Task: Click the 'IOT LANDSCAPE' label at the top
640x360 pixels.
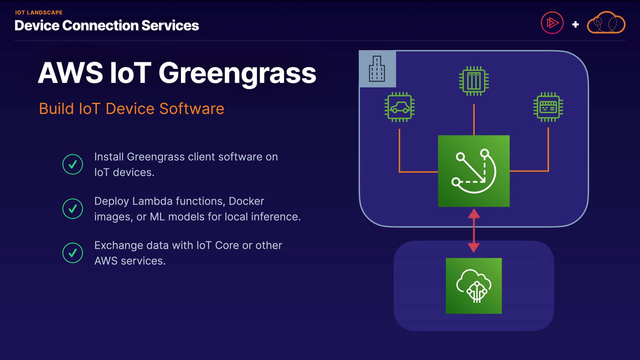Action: click(x=39, y=13)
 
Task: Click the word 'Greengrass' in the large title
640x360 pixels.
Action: click(x=237, y=73)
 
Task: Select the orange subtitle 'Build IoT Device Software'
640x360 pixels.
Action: click(x=131, y=109)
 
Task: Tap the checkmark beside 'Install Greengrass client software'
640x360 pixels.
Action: click(x=73, y=164)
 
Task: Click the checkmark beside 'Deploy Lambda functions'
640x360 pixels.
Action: click(x=73, y=209)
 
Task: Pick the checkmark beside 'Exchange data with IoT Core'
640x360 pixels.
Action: click(x=73, y=253)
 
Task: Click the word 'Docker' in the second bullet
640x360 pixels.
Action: click(x=246, y=201)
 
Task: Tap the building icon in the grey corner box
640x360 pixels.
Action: click(x=377, y=69)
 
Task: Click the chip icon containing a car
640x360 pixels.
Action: click(x=399, y=107)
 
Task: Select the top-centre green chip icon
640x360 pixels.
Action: click(x=474, y=81)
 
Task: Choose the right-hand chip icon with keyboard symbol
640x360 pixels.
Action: click(x=548, y=107)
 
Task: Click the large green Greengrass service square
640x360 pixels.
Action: click(x=474, y=171)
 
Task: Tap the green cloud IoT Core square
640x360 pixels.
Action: click(x=474, y=286)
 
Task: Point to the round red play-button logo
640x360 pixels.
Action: click(x=552, y=23)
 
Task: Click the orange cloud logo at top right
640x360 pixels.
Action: click(x=606, y=23)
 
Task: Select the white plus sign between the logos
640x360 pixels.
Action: click(x=575, y=24)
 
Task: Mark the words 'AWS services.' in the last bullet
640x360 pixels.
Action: click(x=130, y=261)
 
